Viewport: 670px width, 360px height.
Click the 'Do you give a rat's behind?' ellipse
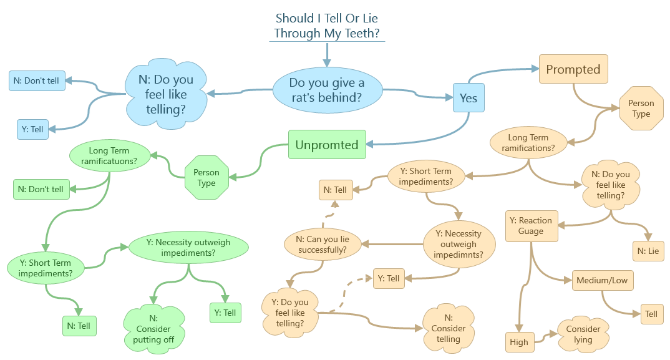[327, 90]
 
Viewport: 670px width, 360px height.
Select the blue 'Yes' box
[469, 98]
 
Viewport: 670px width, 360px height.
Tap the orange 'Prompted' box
[573, 69]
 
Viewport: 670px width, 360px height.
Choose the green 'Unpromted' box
[327, 145]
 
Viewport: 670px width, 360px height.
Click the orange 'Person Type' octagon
[641, 108]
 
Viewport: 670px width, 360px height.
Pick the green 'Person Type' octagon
[206, 177]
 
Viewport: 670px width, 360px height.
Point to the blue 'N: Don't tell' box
[37, 80]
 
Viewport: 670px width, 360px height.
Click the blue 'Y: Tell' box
[32, 129]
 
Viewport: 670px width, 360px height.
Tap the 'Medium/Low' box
[601, 280]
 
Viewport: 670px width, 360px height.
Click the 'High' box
[518, 341]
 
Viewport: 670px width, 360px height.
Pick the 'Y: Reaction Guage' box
[531, 225]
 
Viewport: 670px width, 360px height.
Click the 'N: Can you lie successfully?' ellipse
[323, 243]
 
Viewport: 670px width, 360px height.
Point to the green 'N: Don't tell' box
[41, 189]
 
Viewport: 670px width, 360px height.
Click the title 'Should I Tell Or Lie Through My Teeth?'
[327, 26]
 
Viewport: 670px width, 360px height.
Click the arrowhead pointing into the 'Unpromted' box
[369, 145]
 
